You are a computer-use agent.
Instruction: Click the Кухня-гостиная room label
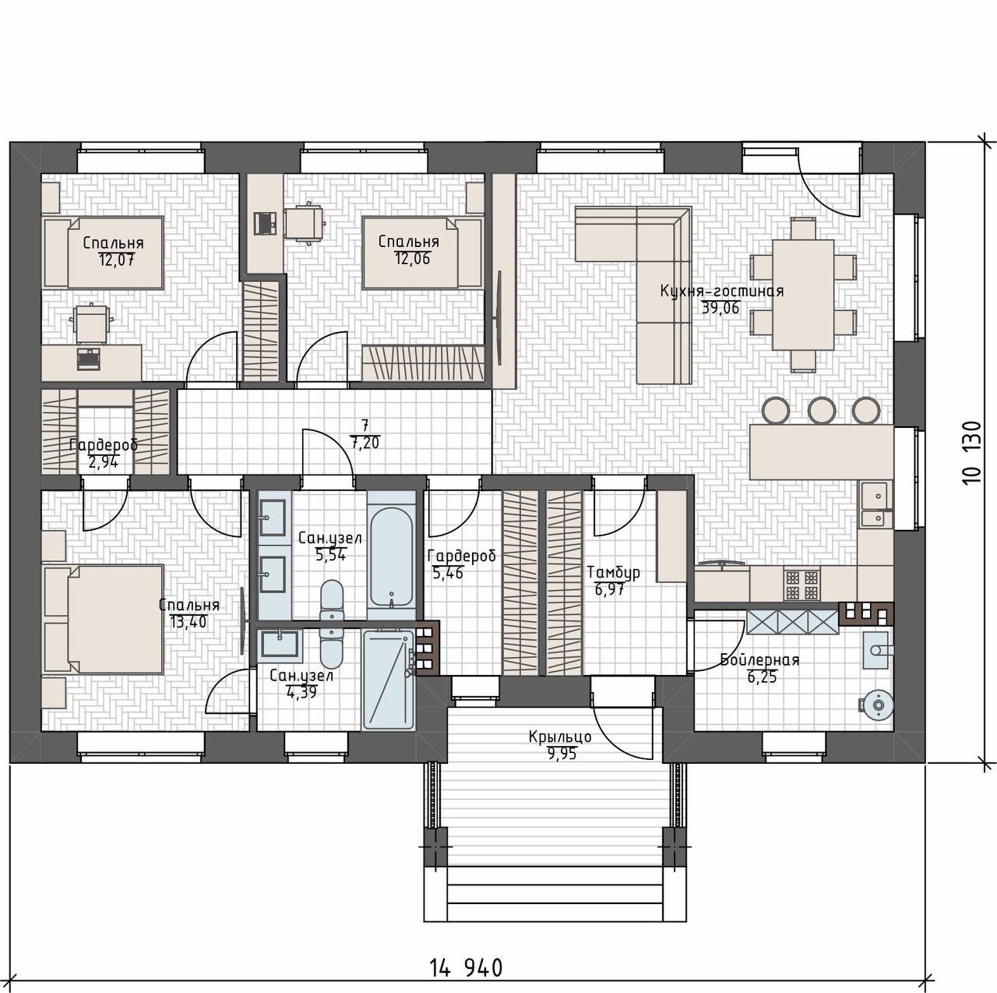[x=722, y=291]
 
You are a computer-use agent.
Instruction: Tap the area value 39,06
[x=720, y=308]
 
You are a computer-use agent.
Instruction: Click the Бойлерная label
[x=759, y=661]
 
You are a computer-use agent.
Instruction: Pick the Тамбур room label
[x=614, y=572]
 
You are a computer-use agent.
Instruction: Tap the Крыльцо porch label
[x=560, y=737]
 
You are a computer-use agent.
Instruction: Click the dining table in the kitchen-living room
[x=803, y=294]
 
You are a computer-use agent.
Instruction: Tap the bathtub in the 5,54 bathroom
[x=392, y=557]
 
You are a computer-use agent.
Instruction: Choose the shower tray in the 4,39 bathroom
[x=388, y=679]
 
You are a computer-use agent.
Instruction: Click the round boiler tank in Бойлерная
[x=877, y=705]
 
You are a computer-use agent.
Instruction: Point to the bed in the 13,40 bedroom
[x=104, y=619]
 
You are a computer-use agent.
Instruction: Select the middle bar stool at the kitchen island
[x=821, y=410]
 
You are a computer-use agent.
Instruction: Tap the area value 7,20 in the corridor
[x=365, y=443]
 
